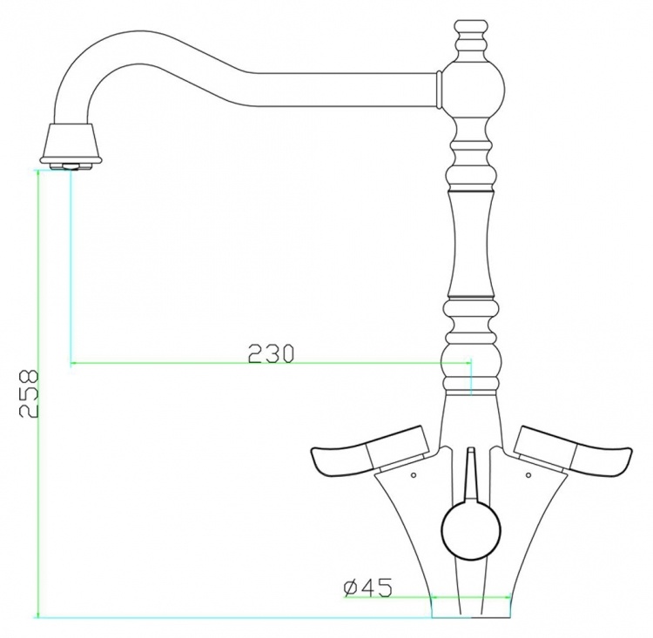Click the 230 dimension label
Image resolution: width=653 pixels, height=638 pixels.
pos(271,354)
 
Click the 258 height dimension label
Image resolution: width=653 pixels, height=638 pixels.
pos(29,393)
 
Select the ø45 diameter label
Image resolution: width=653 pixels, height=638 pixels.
pos(367,588)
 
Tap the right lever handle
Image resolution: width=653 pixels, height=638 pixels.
pos(573,451)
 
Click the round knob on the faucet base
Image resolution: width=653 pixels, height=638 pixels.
pos(471,528)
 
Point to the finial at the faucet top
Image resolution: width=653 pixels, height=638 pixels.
pos(471,41)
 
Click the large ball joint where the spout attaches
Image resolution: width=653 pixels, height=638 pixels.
pos(472,89)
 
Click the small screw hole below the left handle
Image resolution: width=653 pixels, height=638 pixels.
pos(413,474)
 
